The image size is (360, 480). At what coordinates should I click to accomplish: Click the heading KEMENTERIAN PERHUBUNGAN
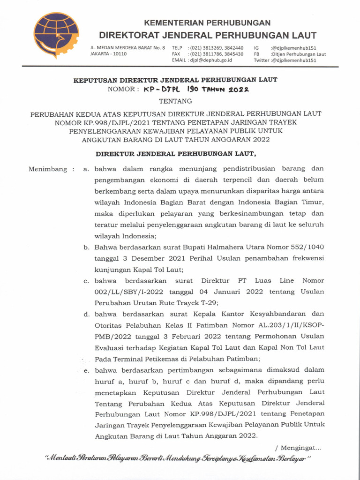click(x=207, y=22)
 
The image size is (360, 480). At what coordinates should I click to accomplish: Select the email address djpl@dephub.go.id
click(x=211, y=60)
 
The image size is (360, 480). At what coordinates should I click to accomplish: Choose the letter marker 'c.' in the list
click(x=86, y=281)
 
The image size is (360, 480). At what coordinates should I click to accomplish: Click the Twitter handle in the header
click(x=290, y=60)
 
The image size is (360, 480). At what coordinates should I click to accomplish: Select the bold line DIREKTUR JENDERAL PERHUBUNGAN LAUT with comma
click(x=176, y=154)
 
